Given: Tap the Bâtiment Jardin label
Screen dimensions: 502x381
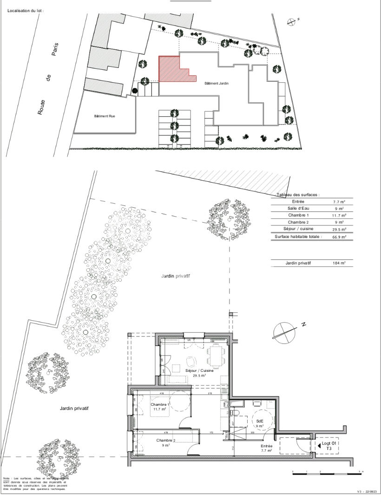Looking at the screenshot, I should [217, 83].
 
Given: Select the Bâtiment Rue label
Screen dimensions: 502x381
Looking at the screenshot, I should [105, 116].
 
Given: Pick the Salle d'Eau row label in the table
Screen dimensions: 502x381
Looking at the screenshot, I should [298, 209].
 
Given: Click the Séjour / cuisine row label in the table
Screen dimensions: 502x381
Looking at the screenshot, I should [298, 229].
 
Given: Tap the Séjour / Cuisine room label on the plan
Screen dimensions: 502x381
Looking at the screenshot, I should [200, 371].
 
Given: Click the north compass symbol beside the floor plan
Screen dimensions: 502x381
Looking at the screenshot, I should [284, 330].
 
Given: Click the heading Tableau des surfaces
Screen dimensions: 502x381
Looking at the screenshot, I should [297, 195].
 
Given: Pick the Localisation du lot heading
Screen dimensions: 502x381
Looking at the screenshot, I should [25, 9].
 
